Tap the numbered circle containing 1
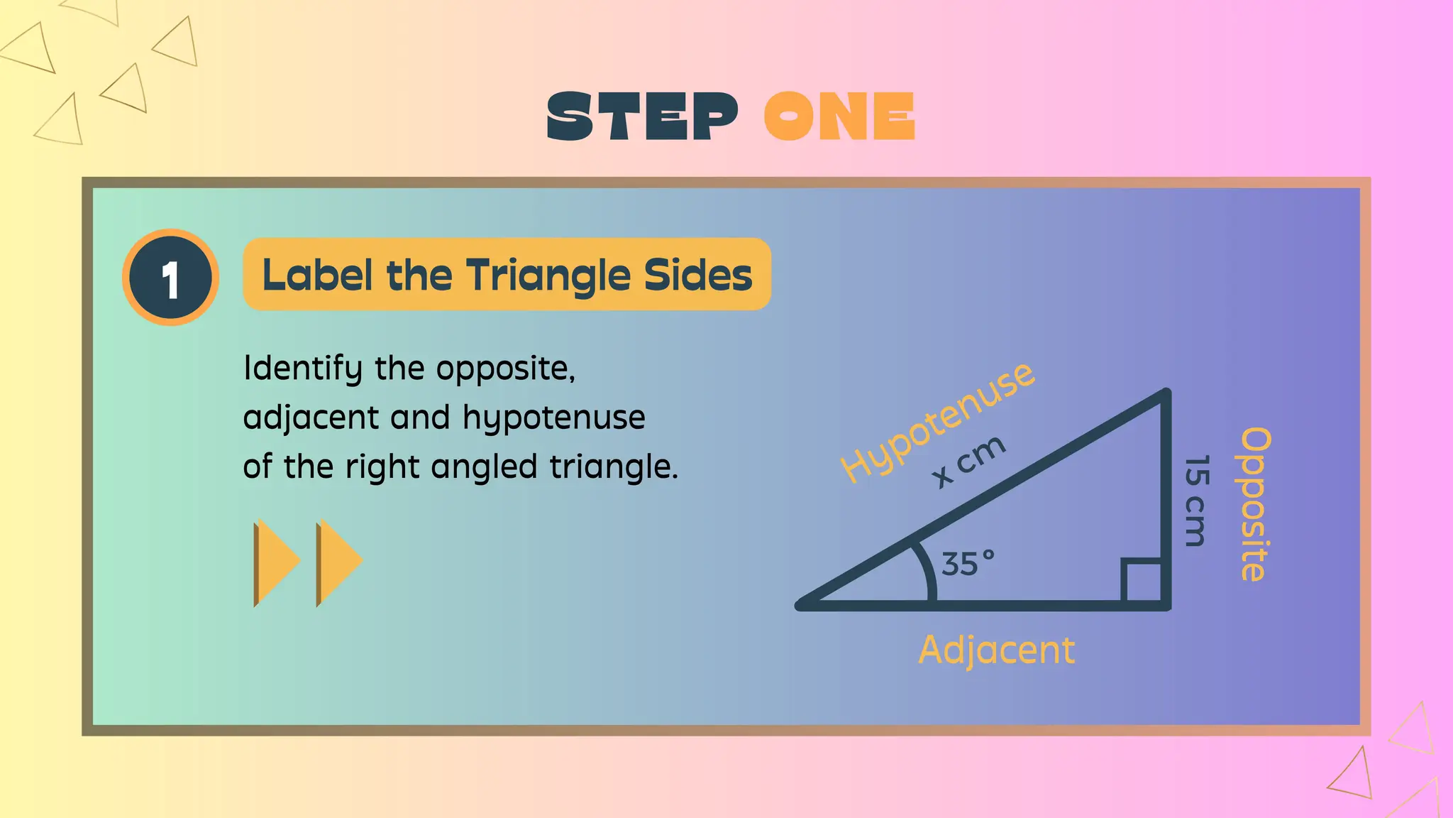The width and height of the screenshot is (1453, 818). point(170,278)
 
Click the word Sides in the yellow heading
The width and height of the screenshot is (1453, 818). point(697,276)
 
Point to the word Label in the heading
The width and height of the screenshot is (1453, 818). point(317,276)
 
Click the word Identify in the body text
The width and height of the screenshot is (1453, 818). point(303,369)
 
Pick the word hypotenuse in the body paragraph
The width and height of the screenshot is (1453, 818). point(554,418)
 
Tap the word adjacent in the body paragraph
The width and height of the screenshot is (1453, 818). point(311,418)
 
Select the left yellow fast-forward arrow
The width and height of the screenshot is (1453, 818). point(276,562)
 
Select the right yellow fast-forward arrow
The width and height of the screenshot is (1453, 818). point(338,562)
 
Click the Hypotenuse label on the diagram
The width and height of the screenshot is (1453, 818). point(936,422)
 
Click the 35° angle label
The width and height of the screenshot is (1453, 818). point(967,565)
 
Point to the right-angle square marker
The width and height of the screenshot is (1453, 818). point(1142,582)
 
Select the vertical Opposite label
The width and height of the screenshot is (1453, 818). point(1254,504)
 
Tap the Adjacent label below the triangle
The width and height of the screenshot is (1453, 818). point(996,650)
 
